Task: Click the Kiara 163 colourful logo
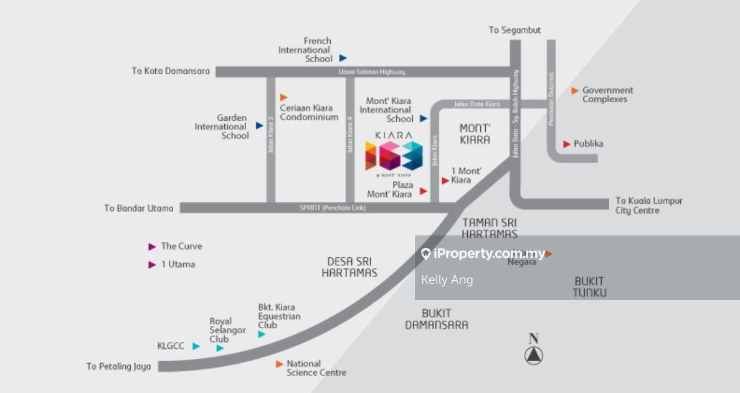click(x=393, y=156)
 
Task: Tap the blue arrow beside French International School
click(x=343, y=58)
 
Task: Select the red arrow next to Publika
click(x=567, y=144)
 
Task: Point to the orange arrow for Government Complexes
click(x=575, y=91)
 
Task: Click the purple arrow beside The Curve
click(x=152, y=247)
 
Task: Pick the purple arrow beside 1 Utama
click(x=152, y=265)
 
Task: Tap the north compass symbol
click(x=533, y=355)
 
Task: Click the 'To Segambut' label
click(x=515, y=30)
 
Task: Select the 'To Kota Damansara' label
click(x=171, y=71)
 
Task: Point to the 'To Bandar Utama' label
click(x=139, y=208)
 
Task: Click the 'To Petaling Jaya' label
click(x=119, y=366)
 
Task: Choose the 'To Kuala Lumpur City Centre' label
click(x=648, y=206)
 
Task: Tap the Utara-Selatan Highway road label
click(x=372, y=72)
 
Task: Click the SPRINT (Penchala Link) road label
click(x=333, y=208)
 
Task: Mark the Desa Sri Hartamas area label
click(x=349, y=267)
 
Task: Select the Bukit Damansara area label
click(x=436, y=319)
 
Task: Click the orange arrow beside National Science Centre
click(x=280, y=364)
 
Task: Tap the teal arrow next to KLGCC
click(x=196, y=346)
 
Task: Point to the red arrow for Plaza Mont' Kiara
click(x=424, y=191)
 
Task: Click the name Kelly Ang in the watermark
click(x=447, y=280)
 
